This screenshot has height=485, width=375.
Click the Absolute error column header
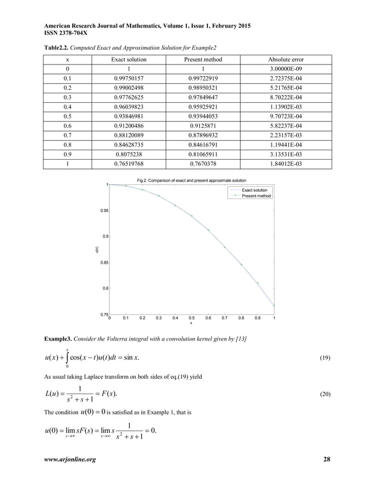[286, 60]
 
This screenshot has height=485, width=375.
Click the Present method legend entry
[256, 196]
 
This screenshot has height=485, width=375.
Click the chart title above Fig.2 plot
[191, 180]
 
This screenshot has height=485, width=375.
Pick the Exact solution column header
[129, 60]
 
